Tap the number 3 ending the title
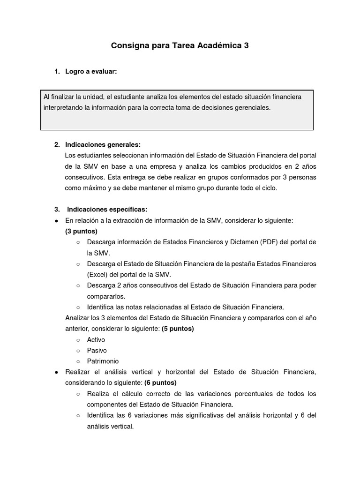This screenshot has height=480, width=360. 247,46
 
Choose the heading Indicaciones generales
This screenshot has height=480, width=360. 103,144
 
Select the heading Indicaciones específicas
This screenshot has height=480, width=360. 107,209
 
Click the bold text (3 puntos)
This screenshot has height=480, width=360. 82,231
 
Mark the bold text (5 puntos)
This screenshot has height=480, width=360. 178,329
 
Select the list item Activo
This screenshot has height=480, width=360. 96,339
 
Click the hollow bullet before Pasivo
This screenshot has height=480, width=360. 78,351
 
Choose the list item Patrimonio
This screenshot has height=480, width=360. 103,361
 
